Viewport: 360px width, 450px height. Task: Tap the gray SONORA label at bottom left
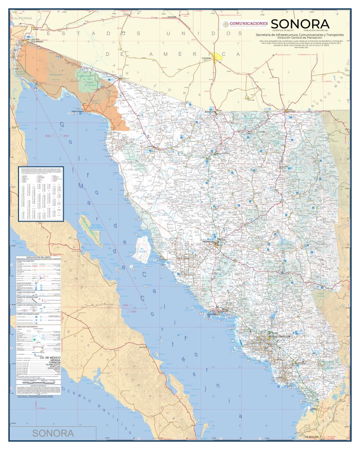[x=53, y=433]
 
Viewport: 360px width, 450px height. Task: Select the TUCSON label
[x=207, y=58]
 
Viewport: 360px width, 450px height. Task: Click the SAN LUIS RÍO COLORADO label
[x=33, y=41]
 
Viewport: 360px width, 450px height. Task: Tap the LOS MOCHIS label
[x=312, y=437]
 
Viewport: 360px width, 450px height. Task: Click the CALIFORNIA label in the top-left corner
[x=22, y=18]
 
